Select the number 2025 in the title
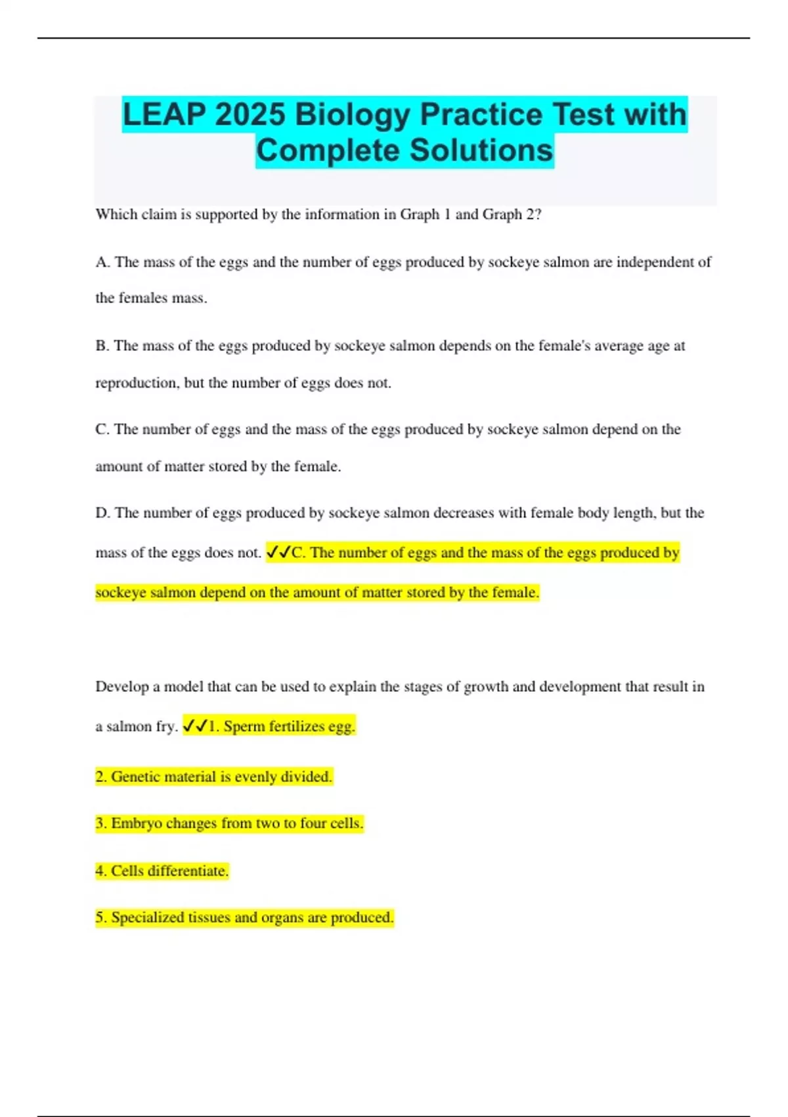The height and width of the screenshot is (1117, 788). click(x=250, y=114)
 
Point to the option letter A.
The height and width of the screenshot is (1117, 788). click(x=102, y=262)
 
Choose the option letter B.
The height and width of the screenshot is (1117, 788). click(x=102, y=346)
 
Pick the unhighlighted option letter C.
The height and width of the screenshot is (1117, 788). click(x=102, y=429)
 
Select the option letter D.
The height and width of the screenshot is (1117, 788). click(x=102, y=513)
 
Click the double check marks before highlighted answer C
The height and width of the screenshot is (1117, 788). click(x=278, y=553)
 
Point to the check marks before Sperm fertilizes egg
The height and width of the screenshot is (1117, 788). click(x=195, y=726)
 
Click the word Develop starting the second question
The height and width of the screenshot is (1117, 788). click(x=122, y=687)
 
